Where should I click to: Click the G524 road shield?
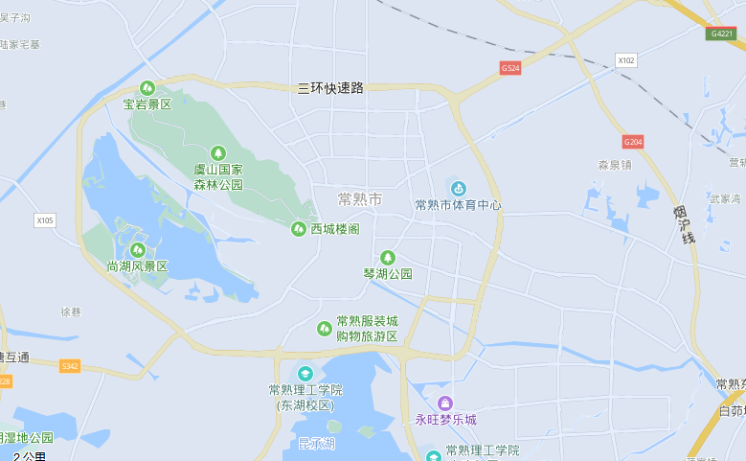(510, 68)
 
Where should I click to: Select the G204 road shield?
(632, 142)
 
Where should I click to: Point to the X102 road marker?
(626, 60)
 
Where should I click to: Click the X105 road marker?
(45, 220)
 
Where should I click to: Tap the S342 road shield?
(70, 366)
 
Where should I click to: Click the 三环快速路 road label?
(331, 87)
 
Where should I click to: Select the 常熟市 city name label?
(360, 199)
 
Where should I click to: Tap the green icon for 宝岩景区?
(147, 88)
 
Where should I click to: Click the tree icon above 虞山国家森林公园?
(218, 152)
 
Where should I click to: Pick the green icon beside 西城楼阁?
(298, 228)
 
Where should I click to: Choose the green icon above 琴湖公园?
(388, 257)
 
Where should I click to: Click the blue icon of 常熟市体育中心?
(459, 188)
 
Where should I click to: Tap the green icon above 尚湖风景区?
(137, 249)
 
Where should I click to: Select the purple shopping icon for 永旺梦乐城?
(444, 403)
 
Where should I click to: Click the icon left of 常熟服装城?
(325, 329)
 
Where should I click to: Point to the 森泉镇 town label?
(614, 165)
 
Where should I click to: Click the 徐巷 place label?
(72, 312)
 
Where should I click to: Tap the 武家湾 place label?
(725, 198)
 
